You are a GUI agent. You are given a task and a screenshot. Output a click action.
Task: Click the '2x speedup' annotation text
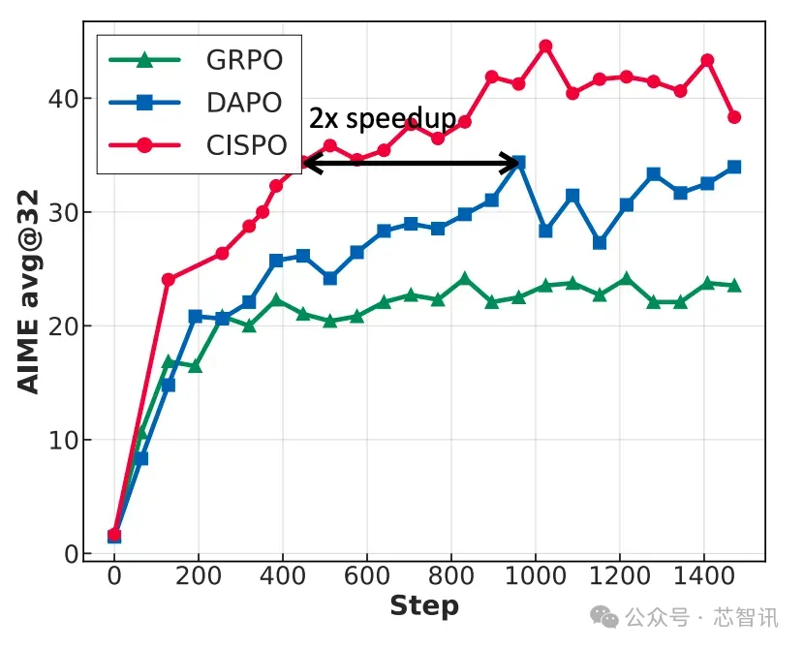pyautogui.click(x=383, y=119)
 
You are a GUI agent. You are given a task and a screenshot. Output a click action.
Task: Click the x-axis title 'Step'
pyautogui.click(x=423, y=607)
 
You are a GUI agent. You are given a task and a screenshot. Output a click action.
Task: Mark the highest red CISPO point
pyautogui.click(x=545, y=46)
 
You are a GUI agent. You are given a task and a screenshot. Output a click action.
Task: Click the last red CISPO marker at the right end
pyautogui.click(x=734, y=117)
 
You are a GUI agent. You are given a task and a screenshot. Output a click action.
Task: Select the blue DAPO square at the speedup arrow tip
pyautogui.click(x=518, y=163)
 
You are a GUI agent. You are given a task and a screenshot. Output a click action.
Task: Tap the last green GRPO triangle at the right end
pyautogui.click(x=734, y=286)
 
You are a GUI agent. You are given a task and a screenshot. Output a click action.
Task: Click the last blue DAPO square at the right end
pyautogui.click(x=734, y=167)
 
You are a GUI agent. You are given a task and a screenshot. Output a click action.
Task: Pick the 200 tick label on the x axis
pyautogui.click(x=199, y=576)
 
